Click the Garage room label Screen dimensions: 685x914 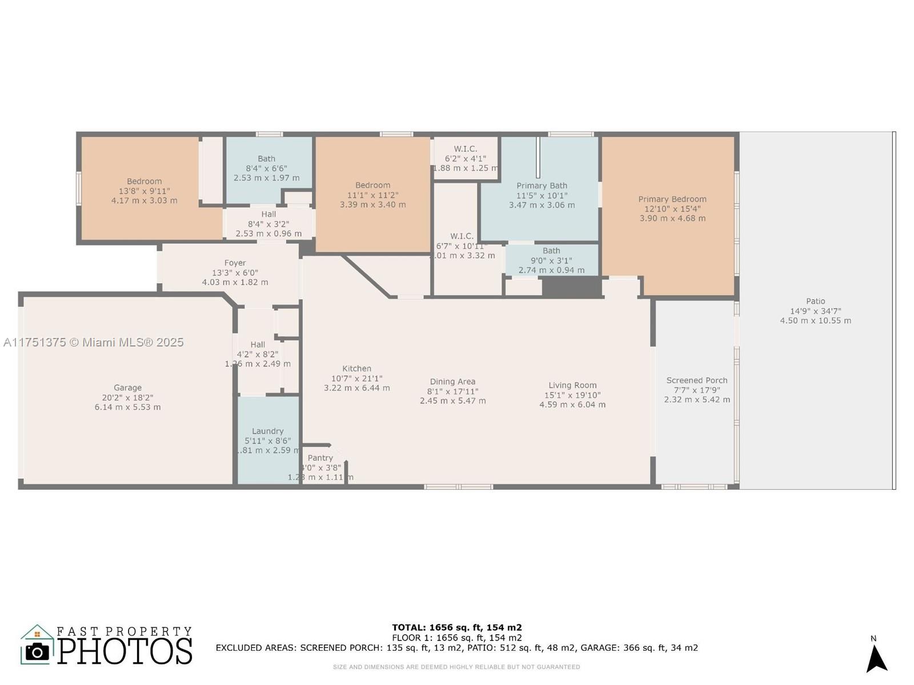tap(127, 388)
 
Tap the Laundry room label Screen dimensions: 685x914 tap(267, 431)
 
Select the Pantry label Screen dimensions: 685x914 tap(320, 458)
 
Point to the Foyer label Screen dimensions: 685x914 tap(235, 263)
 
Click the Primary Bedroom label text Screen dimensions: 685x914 tap(672, 199)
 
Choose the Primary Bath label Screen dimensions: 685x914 tap(542, 186)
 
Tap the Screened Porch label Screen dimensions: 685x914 tap(697, 380)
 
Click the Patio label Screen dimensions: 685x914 tap(815, 301)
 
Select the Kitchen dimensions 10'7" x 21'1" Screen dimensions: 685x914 tap(356, 378)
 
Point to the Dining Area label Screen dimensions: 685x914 tap(452, 382)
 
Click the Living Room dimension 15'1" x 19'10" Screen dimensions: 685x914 tap(572, 395)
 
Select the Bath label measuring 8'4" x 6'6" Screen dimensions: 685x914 tap(266, 159)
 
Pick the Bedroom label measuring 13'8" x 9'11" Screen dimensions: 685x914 tap(144, 182)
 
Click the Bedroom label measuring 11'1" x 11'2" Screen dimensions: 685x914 tap(372, 186)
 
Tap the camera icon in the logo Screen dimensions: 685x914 tap(38, 651)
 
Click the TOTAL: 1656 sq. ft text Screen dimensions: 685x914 tap(456, 627)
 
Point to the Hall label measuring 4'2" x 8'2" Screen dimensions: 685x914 tap(258, 345)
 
